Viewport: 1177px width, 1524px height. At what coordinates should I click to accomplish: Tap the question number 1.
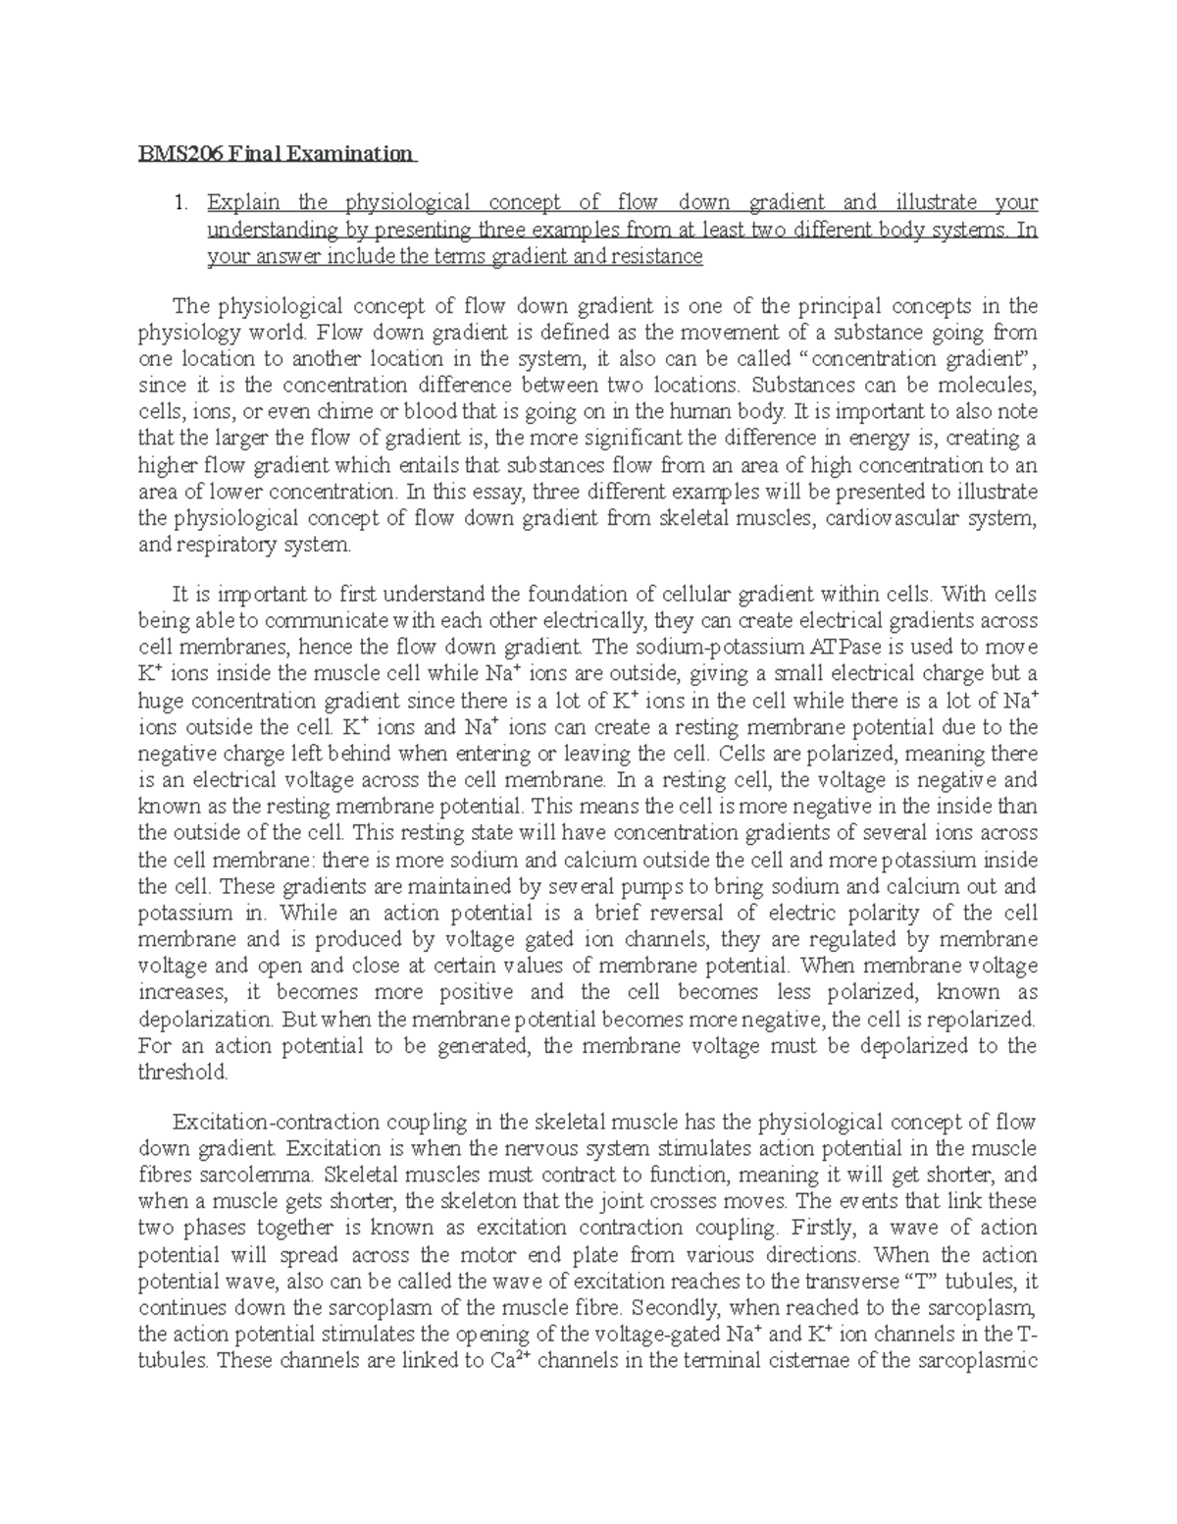pos(179,203)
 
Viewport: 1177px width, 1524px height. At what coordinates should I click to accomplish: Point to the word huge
pos(161,701)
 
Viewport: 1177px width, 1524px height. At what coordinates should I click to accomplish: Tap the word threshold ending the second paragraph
pos(182,1072)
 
